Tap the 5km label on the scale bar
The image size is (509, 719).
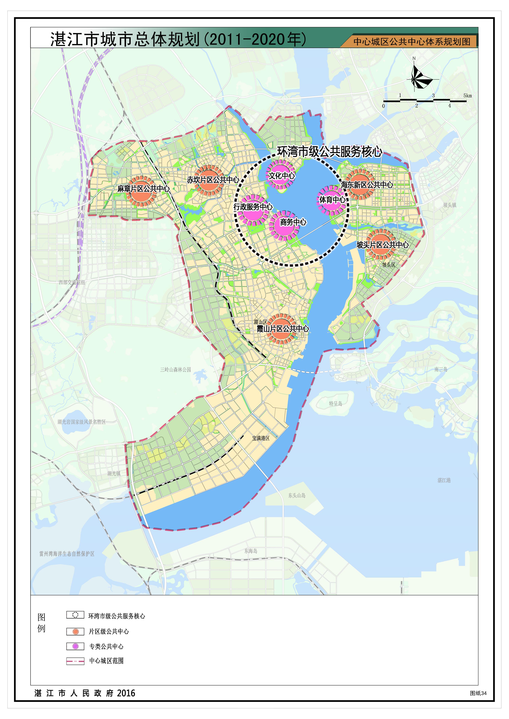click(467, 95)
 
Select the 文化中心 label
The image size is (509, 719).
click(281, 176)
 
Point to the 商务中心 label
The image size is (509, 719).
click(293, 222)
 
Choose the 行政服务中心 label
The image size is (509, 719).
click(253, 207)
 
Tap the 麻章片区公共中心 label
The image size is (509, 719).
click(143, 189)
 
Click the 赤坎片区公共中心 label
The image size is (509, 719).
click(213, 180)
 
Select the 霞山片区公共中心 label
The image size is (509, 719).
click(283, 329)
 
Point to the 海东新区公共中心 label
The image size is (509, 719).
click(367, 185)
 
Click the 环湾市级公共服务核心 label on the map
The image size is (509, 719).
click(329, 152)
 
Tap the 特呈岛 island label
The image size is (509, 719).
click(335, 404)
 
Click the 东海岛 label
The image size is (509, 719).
click(251, 551)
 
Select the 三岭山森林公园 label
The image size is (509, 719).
click(175, 370)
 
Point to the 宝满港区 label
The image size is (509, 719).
click(261, 438)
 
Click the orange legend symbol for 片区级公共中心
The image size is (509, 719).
click(75, 631)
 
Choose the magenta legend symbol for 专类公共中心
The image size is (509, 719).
click(75, 646)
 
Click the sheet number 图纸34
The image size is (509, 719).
click(478, 693)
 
